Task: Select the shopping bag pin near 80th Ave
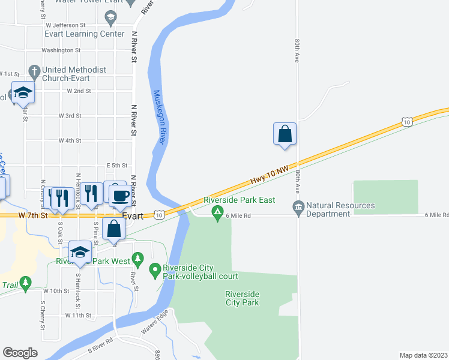tap(285, 134)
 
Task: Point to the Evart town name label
tap(131, 215)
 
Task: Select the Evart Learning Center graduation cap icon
tap(110, 20)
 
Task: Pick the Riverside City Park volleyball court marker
tap(155, 270)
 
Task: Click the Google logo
tap(20, 353)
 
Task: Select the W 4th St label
tap(70, 140)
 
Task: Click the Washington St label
tap(61, 50)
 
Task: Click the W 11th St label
tap(78, 315)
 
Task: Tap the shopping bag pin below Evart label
tap(113, 229)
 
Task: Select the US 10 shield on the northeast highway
tap(408, 122)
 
